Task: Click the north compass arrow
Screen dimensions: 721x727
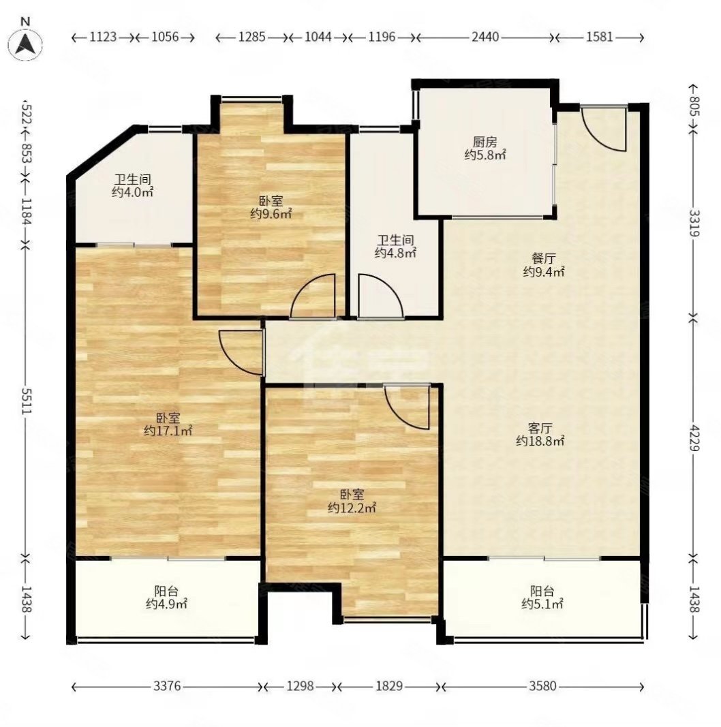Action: tap(25, 44)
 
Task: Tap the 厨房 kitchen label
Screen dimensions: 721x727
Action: tap(485, 142)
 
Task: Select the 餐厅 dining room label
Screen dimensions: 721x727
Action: tap(543, 258)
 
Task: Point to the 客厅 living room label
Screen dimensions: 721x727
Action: tap(540, 427)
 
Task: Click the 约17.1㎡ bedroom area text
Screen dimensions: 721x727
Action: tap(168, 431)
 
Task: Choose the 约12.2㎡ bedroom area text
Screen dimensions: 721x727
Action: tap(352, 508)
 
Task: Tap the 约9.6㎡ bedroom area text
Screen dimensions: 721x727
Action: tap(271, 214)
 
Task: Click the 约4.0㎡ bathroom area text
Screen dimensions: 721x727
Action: tap(132, 192)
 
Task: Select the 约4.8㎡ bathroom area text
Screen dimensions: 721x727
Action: tap(395, 253)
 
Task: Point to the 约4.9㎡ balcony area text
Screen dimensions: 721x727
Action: tap(166, 604)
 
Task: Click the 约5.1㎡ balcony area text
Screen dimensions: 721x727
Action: tap(542, 604)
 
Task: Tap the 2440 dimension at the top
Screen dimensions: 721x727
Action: tap(485, 37)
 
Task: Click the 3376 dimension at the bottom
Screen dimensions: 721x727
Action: tap(167, 685)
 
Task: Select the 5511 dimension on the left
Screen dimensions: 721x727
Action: tap(27, 401)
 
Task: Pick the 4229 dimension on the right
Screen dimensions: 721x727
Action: tap(694, 437)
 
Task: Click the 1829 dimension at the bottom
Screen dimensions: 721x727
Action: tap(388, 685)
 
